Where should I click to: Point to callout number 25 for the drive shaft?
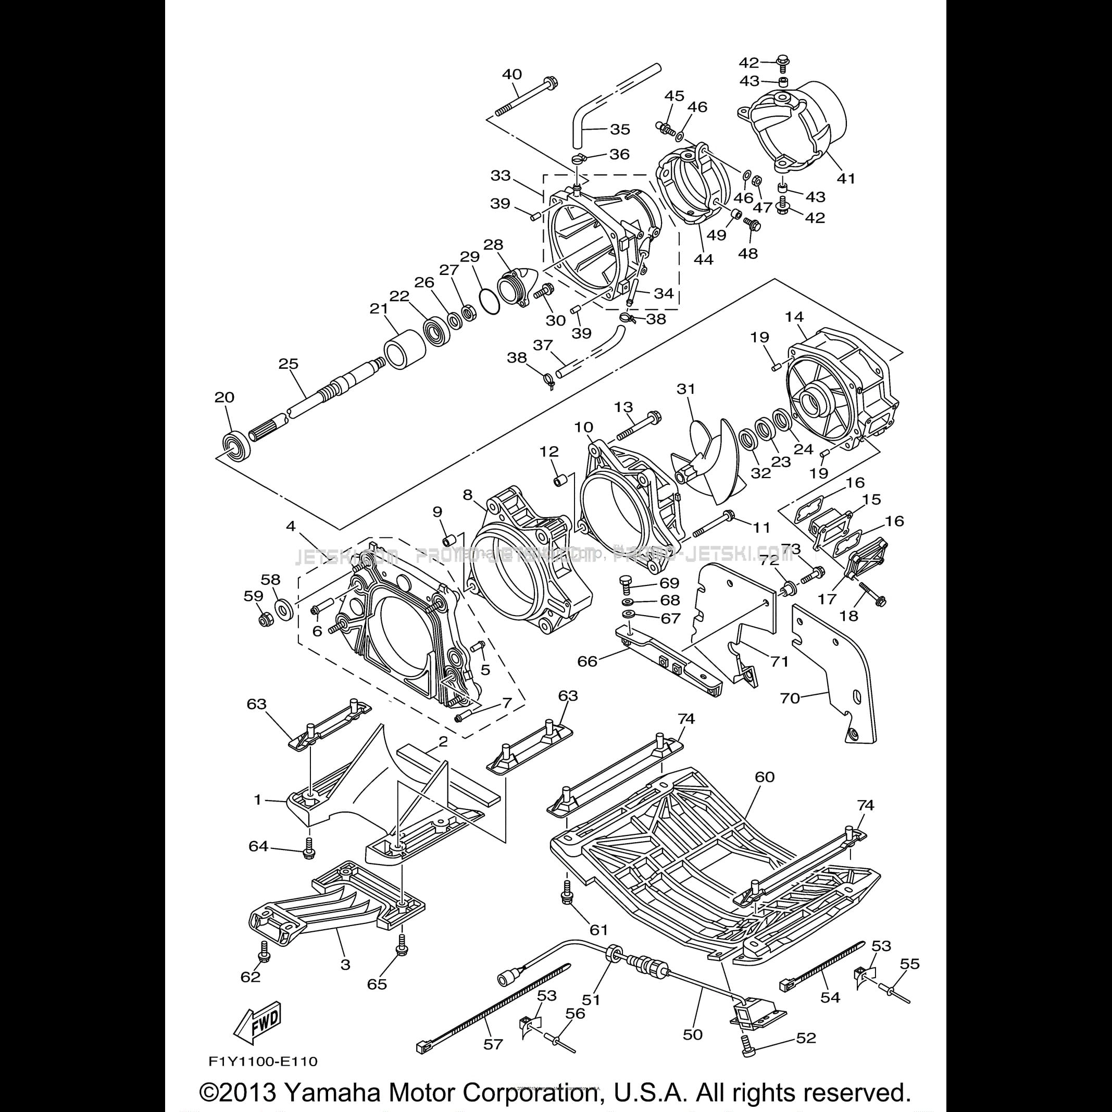pyautogui.click(x=289, y=364)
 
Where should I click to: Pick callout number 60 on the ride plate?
pyautogui.click(x=765, y=777)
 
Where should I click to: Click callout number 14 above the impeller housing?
pyautogui.click(x=794, y=317)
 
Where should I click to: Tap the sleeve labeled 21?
pyautogui.click(x=404, y=349)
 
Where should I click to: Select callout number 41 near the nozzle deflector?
pyautogui.click(x=846, y=179)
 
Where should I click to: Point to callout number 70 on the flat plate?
pyautogui.click(x=790, y=698)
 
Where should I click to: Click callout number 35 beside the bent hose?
pyautogui.click(x=620, y=130)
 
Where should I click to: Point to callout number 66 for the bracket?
pyautogui.click(x=588, y=661)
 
